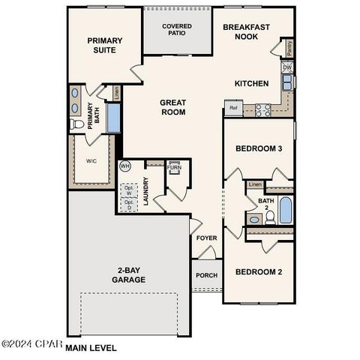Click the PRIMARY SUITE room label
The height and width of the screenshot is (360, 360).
click(x=104, y=46)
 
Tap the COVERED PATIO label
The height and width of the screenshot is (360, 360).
click(x=177, y=31)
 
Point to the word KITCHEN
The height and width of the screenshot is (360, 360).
click(x=251, y=83)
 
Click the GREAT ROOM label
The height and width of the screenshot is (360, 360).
click(x=172, y=107)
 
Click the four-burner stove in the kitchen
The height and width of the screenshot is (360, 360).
click(x=262, y=109)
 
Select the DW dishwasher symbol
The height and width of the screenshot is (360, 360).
click(x=287, y=67)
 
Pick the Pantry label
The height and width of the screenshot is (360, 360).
click(x=289, y=48)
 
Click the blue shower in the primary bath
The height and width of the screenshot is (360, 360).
click(x=114, y=118)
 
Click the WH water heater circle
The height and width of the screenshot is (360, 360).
click(x=125, y=166)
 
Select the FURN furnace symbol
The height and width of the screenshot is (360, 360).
click(x=174, y=167)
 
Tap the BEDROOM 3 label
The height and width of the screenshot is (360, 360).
click(x=259, y=148)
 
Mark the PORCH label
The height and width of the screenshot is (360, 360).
click(x=206, y=275)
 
